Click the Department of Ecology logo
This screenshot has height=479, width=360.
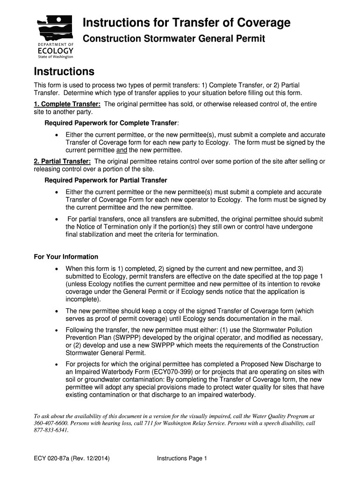tap(55, 36)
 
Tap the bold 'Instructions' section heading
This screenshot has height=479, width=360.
tap(64, 72)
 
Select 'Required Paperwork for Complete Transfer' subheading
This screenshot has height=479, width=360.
tap(111, 123)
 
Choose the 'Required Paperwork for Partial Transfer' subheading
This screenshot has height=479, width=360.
tap(106, 181)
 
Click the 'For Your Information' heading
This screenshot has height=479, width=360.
tap(66, 257)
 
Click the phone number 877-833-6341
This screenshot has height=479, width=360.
tap(51, 430)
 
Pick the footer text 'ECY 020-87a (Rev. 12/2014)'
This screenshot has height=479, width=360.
tap(72, 459)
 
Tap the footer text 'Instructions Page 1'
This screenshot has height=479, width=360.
tap(182, 459)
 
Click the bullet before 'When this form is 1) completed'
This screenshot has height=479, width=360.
tap(57, 269)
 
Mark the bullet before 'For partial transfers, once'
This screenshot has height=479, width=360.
tap(57, 219)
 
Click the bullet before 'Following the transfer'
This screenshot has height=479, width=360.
tap(57, 330)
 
